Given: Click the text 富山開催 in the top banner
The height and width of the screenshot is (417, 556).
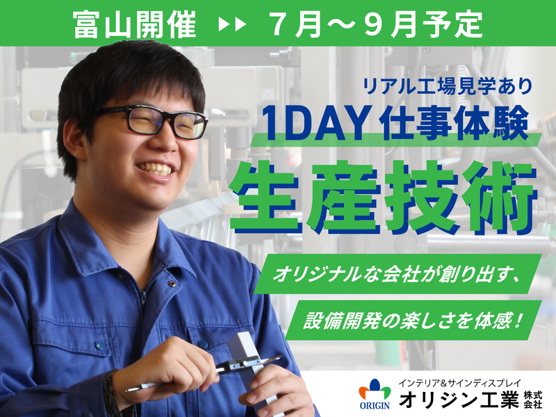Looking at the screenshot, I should point(136,24).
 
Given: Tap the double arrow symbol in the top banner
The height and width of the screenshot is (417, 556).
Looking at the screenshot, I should point(232,25).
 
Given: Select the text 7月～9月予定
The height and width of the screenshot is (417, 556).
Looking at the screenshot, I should point(375,24).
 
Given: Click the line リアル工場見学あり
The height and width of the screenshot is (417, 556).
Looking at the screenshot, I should point(448,86).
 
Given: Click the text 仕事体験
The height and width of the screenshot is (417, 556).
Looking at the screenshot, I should point(456,122).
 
